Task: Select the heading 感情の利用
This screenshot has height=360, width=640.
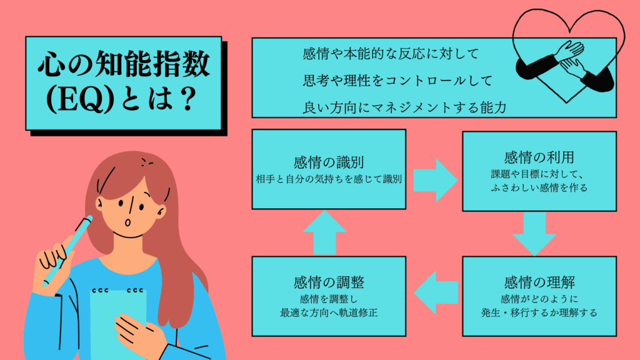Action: (538, 156)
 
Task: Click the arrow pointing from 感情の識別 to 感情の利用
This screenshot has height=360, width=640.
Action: (436, 177)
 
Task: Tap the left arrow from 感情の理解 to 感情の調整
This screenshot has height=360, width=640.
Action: (436, 292)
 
